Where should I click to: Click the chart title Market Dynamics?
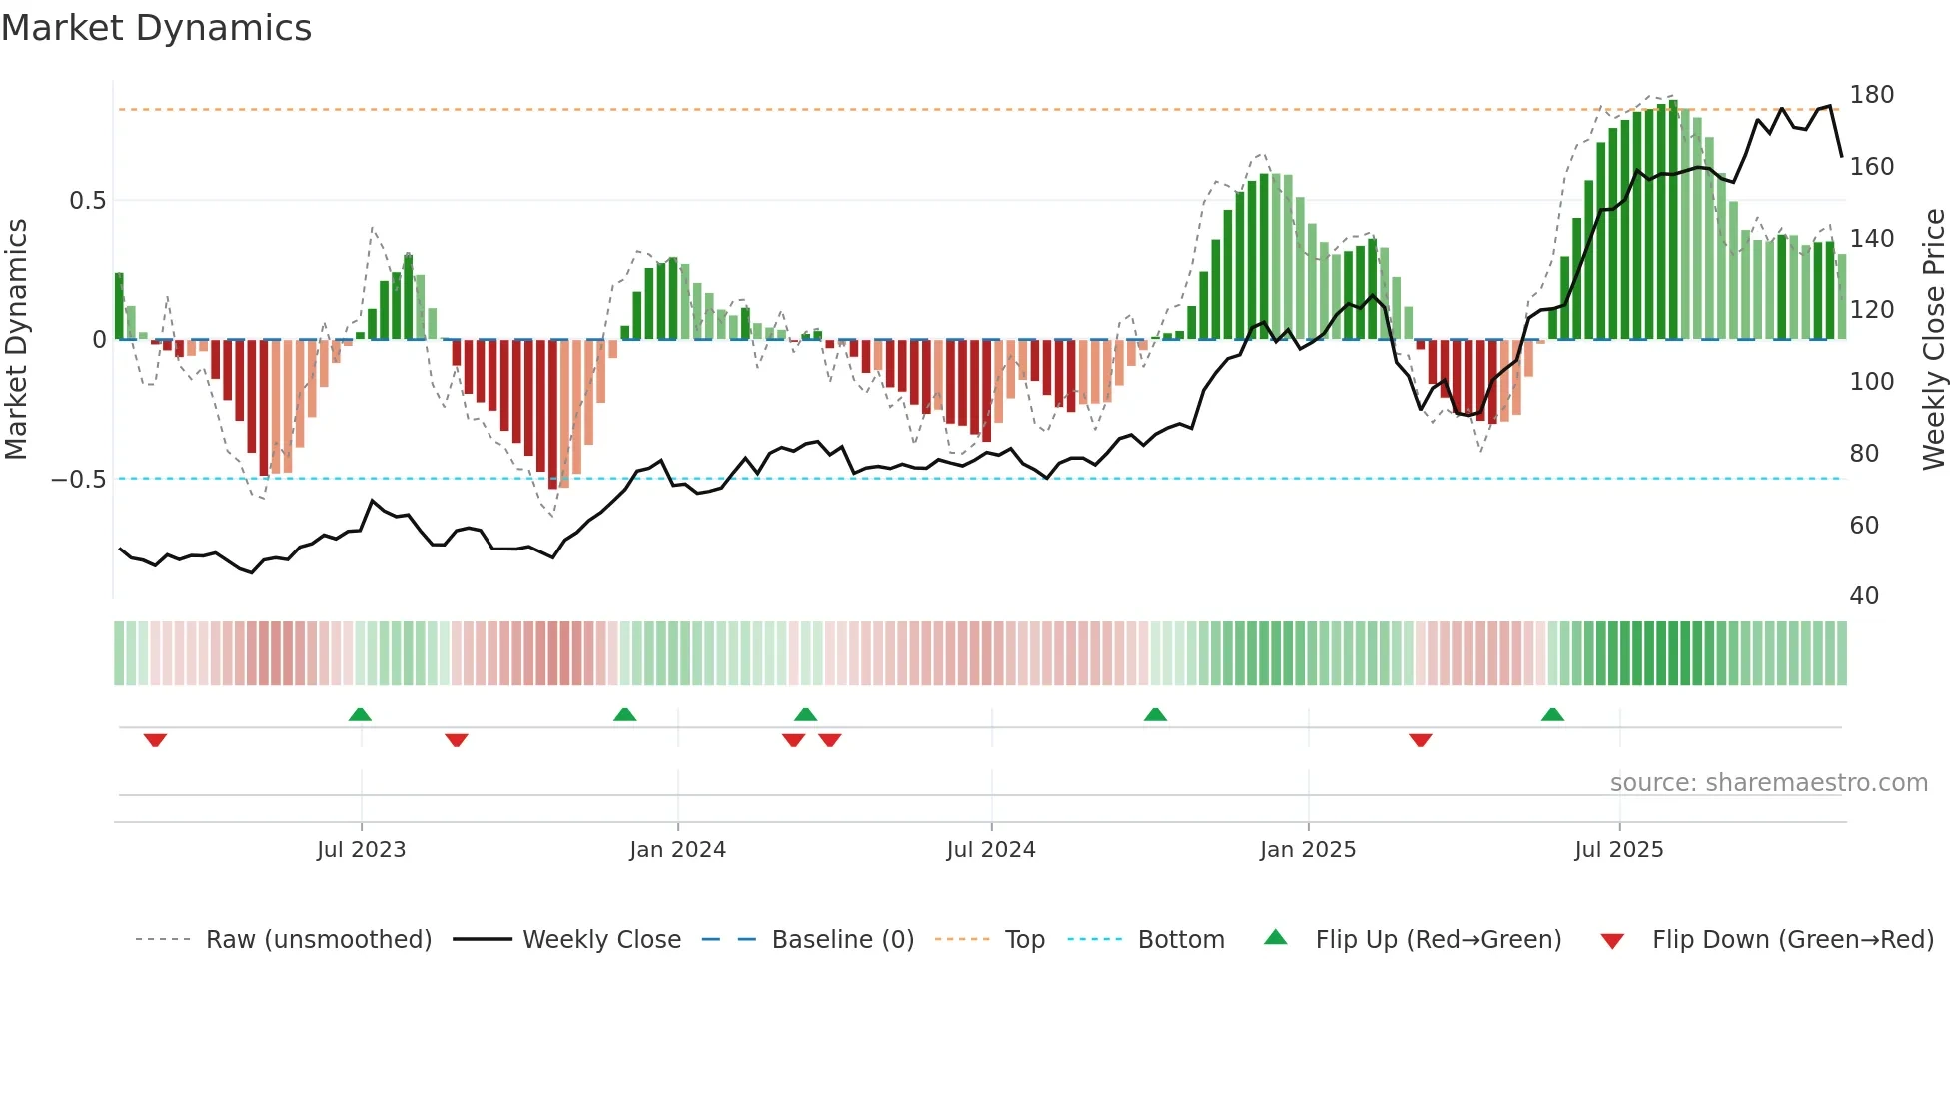156,28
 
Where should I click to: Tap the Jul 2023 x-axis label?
361,850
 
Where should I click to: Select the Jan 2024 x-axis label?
677,850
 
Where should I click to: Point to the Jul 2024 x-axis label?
990,850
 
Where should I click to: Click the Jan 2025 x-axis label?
1307,850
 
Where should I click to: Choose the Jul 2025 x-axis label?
1618,850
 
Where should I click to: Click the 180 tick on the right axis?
1871,95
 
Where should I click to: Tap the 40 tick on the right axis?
1864,596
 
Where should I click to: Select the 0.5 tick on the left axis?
87,201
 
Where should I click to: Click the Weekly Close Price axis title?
1934,340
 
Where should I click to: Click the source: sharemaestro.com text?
1768,783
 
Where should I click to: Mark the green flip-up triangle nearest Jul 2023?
360,714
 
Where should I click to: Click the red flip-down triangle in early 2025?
1420,740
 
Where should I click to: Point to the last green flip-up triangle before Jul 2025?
1551,714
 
